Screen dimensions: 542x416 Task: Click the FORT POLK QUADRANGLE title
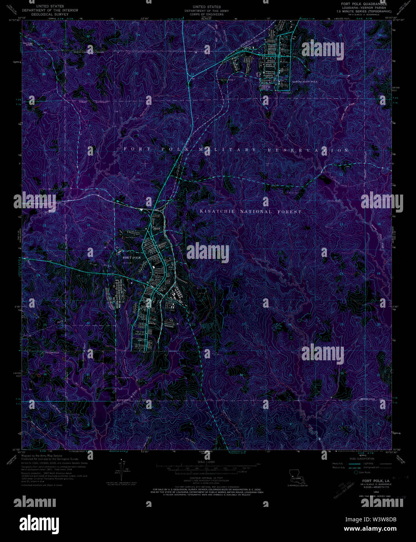[364, 4]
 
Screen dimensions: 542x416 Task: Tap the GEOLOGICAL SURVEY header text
[50, 14]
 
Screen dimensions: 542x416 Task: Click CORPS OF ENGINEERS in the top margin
[207, 14]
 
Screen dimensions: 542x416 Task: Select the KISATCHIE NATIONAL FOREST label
[251, 212]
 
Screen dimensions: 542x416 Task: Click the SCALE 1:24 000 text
[207, 462]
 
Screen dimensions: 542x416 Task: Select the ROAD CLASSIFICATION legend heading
[361, 459]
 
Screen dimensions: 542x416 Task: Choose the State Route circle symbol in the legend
[356, 472]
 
